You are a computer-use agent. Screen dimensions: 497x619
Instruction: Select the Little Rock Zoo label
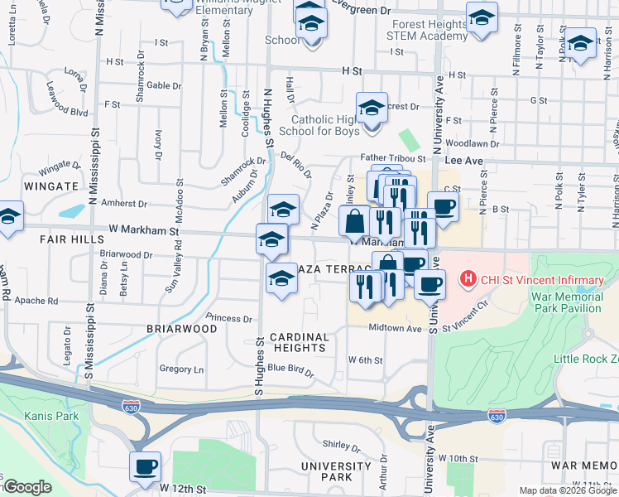(585, 359)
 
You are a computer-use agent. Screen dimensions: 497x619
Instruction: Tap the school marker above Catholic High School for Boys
(372, 107)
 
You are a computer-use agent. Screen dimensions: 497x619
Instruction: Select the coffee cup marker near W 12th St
(146, 466)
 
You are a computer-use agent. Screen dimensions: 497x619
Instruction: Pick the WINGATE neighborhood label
(51, 186)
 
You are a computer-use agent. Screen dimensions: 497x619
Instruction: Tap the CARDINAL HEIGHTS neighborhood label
(299, 343)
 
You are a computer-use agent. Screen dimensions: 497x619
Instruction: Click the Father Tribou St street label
(392, 158)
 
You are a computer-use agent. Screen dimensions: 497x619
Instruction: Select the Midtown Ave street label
(396, 328)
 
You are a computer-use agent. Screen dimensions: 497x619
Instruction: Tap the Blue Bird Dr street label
(290, 369)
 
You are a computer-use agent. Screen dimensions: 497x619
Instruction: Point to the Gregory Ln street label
(180, 369)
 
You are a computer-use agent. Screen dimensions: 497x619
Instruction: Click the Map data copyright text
(567, 490)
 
